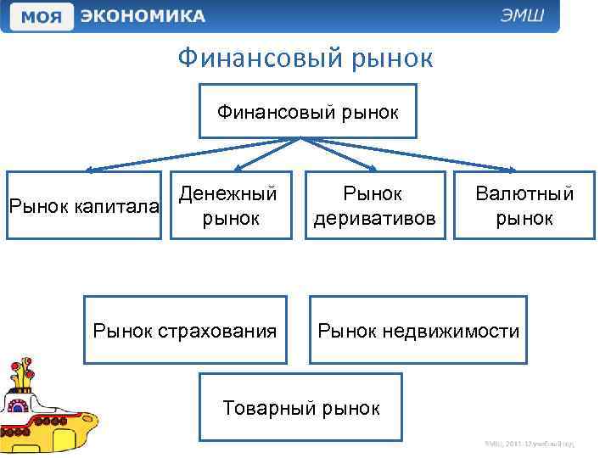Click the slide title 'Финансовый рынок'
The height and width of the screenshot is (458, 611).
305,59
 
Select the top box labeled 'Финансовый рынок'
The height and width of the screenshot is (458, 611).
308,111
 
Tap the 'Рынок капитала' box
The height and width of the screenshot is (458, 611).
83,206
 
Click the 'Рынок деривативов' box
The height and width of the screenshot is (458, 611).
375,206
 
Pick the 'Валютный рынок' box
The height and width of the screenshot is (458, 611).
524,206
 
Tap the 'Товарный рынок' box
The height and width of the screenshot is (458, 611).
300,407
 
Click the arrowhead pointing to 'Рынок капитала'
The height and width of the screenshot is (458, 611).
87,169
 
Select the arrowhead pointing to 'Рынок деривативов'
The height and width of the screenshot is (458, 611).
373,168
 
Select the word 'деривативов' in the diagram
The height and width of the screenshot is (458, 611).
375,219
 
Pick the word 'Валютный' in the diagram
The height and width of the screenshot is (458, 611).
524,193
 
